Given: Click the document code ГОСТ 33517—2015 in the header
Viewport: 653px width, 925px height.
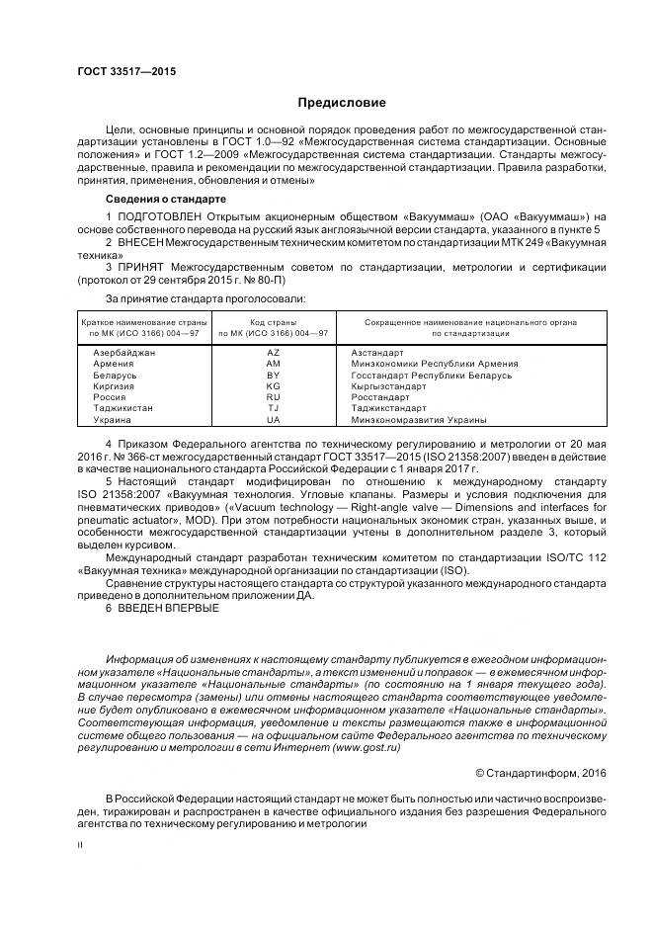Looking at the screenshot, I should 121,70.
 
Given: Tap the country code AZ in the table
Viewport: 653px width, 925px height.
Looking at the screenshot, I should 274,353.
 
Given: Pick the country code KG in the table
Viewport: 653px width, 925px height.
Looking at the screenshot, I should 274,386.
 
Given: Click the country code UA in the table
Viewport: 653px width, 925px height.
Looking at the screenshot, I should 274,420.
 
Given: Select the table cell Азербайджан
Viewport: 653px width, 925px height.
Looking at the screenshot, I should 122,353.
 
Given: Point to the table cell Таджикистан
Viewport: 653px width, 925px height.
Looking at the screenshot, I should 122,409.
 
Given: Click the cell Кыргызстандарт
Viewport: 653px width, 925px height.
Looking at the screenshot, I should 388,386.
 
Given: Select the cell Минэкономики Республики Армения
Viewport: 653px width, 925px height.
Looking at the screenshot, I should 427,364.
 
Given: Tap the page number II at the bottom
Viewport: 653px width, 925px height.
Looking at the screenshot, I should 81,844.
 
